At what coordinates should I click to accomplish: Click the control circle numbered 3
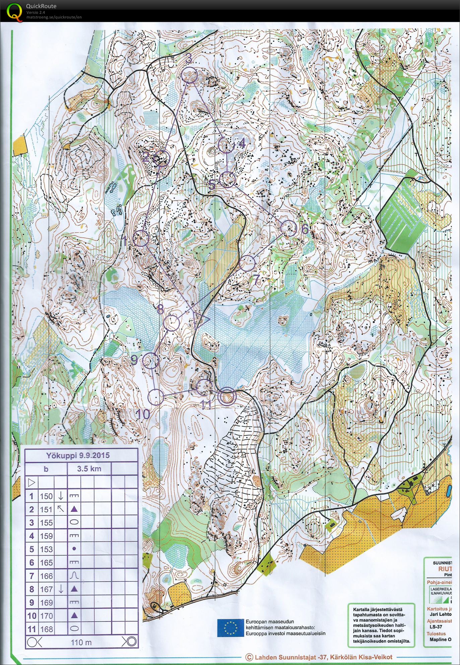[x=190, y=75]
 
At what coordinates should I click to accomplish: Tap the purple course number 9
[x=134, y=360]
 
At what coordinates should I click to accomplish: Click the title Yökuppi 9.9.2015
[x=78, y=455]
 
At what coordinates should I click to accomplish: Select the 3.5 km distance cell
[x=89, y=469]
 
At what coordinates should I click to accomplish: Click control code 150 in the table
[x=46, y=496]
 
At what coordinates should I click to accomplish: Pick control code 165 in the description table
[x=46, y=563]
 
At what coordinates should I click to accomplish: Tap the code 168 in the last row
[x=46, y=629]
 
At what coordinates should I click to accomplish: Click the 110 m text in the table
[x=81, y=642]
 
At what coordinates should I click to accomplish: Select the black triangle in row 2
[x=74, y=509]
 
